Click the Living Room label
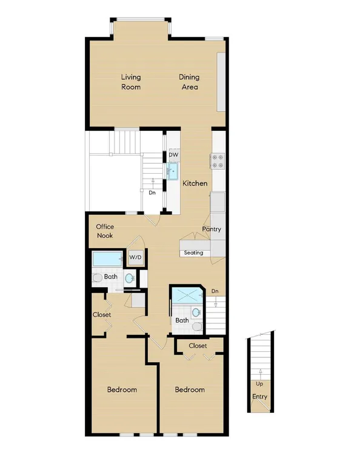(x=131, y=82)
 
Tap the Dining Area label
(x=189, y=82)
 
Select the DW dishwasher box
(x=173, y=155)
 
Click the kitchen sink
(x=173, y=171)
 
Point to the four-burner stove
(x=218, y=161)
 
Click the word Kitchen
(x=195, y=183)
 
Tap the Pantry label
(x=212, y=229)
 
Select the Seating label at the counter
(x=193, y=252)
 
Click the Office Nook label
(x=105, y=231)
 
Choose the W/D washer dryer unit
(x=136, y=257)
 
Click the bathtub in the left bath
(x=107, y=259)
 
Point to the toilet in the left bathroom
(x=97, y=278)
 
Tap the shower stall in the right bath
(x=187, y=295)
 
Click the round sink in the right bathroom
(x=196, y=312)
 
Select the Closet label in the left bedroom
(x=102, y=315)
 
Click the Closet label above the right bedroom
(x=198, y=346)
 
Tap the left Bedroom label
(x=122, y=389)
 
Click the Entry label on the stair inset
(x=259, y=397)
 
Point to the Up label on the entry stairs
(x=259, y=384)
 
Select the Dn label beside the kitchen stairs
(x=152, y=193)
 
